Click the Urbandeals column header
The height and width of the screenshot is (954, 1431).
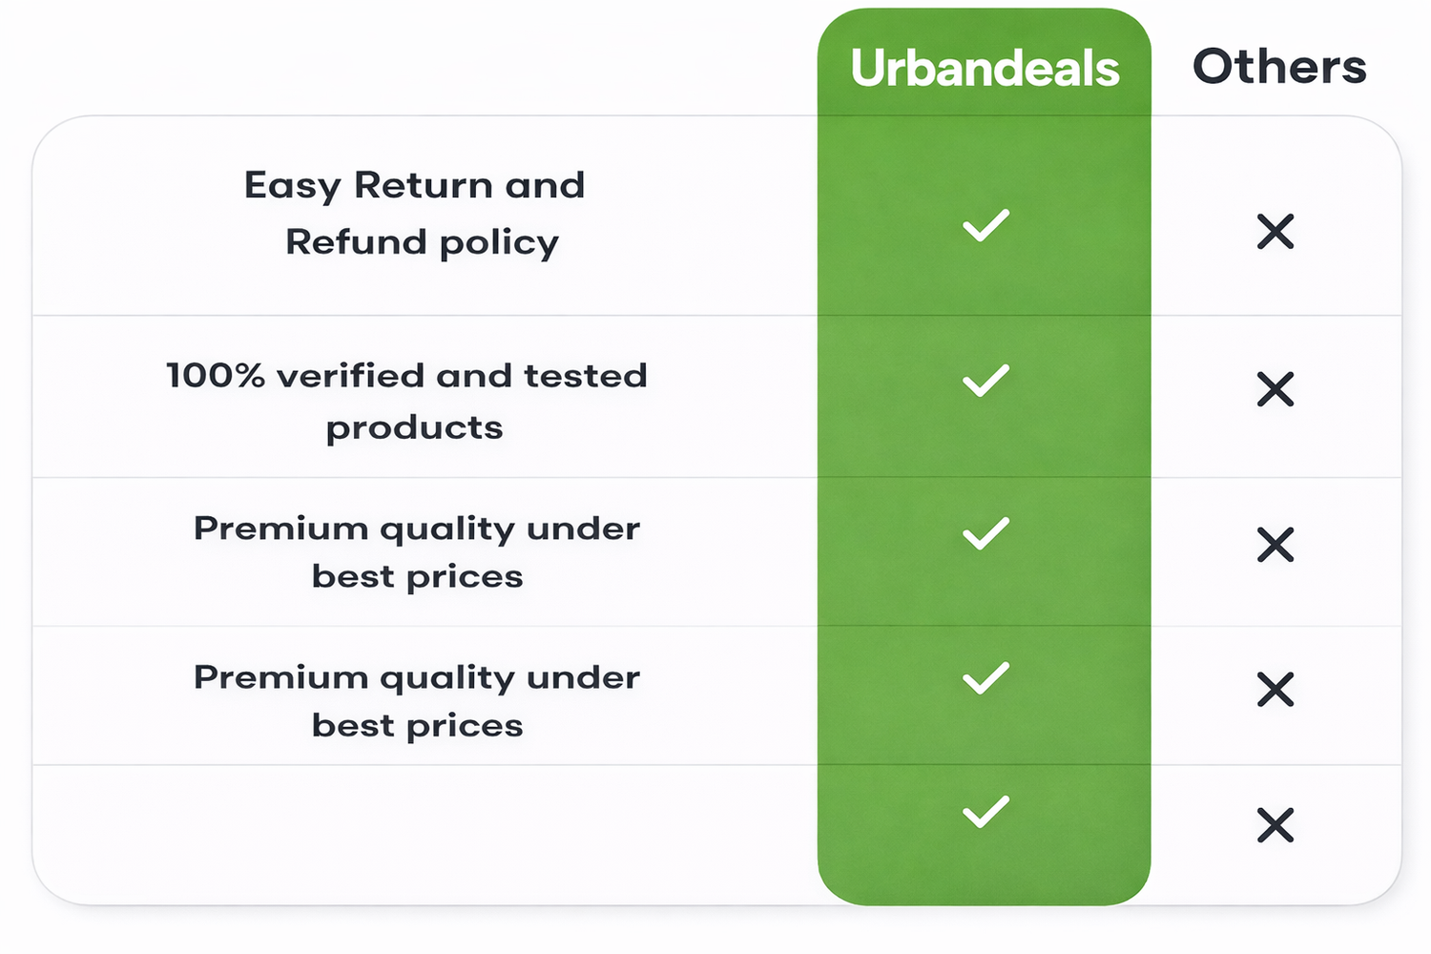tap(985, 67)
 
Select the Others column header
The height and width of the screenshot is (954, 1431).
tap(1279, 66)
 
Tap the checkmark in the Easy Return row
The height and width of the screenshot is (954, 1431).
tap(985, 225)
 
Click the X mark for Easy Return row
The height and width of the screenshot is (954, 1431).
tap(1275, 231)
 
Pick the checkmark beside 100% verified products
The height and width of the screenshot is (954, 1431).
tap(985, 381)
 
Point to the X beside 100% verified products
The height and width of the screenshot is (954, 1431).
tap(1275, 389)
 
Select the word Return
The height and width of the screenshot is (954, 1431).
tap(425, 185)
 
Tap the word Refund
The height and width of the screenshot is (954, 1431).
tap(356, 242)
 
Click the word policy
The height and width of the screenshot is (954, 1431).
tap(500, 244)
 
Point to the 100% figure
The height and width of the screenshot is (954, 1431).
tap(216, 375)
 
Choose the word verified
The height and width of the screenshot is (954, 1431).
tap(350, 375)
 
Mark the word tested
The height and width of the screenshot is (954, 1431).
tap(585, 375)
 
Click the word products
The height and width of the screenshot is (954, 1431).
tap(415, 428)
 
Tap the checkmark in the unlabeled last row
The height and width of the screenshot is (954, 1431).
tap(985, 812)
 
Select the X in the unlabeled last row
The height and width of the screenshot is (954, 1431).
tap(1275, 825)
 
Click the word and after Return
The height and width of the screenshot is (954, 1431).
tap(545, 185)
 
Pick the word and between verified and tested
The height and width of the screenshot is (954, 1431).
tap(473, 375)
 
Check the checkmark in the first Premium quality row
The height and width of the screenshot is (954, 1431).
tap(985, 533)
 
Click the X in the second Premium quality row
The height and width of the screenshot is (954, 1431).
tap(1275, 690)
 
